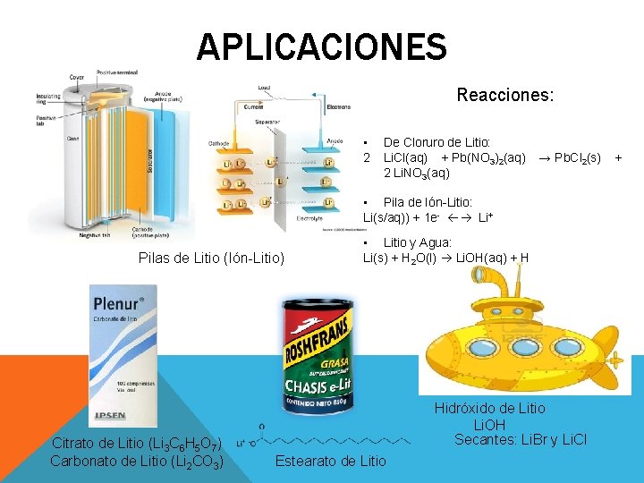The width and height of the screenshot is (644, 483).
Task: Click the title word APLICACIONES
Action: (321, 47)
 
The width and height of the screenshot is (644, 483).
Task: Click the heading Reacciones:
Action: (504, 94)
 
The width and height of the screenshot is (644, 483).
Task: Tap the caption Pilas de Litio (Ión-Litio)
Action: (211, 258)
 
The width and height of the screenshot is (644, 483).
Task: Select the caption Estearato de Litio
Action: (331, 461)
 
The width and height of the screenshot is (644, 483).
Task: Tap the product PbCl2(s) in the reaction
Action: (578, 157)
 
